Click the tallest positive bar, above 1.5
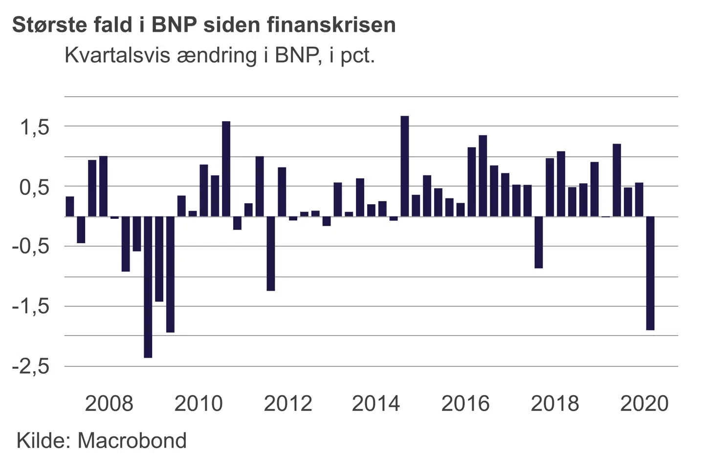coord(405,166)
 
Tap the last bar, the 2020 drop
coord(650,274)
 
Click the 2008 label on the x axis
coord(109,404)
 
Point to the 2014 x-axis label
coord(376,404)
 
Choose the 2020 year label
coord(644,404)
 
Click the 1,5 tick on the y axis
coord(35,128)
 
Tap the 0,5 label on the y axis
coord(35,187)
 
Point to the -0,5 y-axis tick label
coord(31,247)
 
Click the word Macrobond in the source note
coord(132,441)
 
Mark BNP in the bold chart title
coord(175,25)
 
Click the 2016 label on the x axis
coord(465,404)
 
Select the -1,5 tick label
coord(31,307)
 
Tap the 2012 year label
coord(288,404)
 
